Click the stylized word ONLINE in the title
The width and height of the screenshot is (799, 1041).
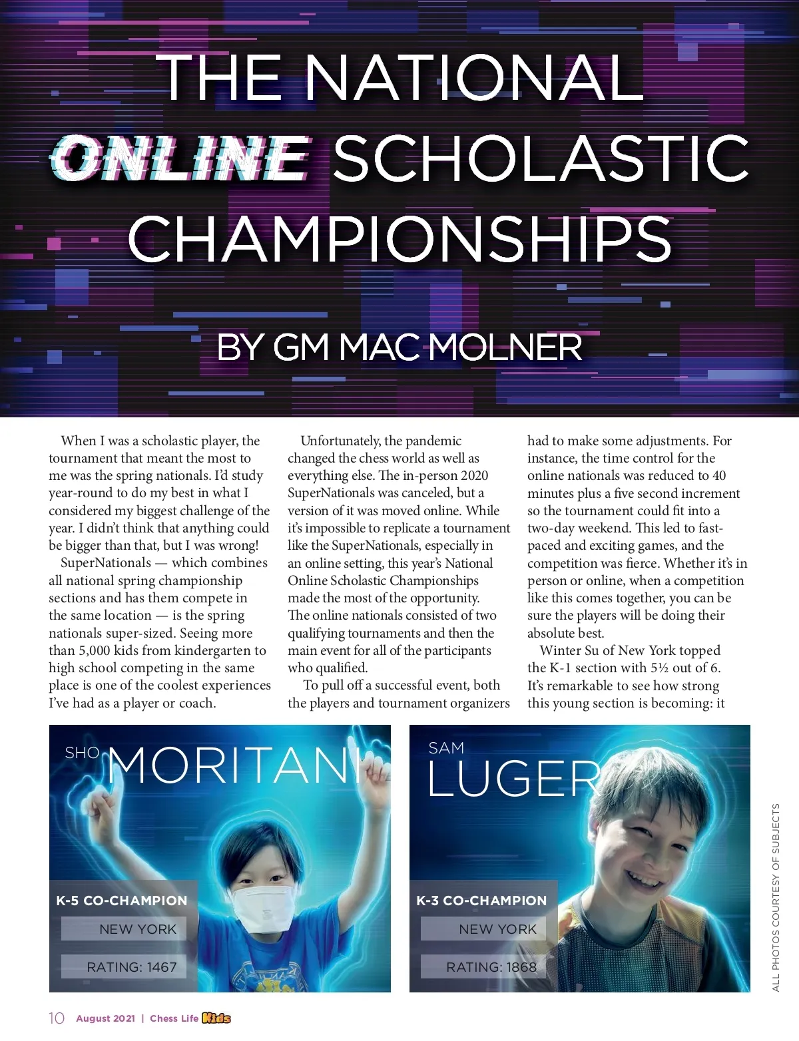pos(180,158)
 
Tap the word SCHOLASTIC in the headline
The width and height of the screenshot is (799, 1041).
pos(541,158)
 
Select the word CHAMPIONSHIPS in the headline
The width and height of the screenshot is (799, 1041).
pos(400,238)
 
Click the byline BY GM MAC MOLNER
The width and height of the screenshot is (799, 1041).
pos(400,347)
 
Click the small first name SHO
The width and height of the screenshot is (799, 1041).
pos(82,753)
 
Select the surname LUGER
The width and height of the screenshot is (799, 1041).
pos(513,778)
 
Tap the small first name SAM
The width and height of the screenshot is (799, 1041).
pos(446,748)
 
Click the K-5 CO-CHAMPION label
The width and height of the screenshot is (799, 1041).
pos(122,901)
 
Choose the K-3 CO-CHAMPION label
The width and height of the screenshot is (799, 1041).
pos(481,901)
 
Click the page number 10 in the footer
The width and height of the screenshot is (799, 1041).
pos(57,1018)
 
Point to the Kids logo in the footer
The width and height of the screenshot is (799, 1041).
pos(216,1018)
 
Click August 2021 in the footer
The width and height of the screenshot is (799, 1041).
pos(105,1018)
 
